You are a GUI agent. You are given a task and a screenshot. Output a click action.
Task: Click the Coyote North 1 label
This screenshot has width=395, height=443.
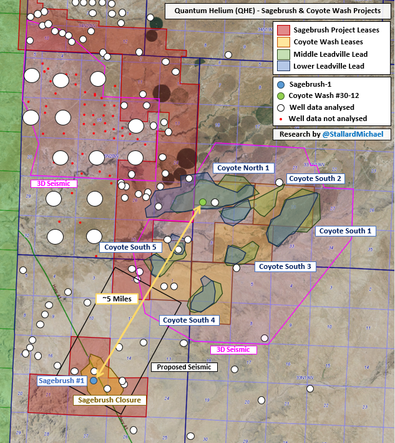coord(243,168)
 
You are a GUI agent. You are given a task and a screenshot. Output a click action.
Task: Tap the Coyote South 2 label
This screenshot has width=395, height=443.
coord(316,178)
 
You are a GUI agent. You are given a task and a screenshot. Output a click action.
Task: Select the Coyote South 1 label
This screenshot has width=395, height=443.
coord(345,231)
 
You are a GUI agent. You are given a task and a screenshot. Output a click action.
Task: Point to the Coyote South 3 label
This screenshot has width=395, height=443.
coord(285,266)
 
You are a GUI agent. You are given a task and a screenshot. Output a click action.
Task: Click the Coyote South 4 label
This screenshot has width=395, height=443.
coord(189,320)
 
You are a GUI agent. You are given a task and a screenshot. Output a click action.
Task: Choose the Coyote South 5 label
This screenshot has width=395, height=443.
coord(130,247)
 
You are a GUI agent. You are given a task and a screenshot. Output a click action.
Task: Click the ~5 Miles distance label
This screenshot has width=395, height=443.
coord(116,299)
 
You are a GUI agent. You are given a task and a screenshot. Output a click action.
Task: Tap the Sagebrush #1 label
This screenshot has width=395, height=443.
coord(61,381)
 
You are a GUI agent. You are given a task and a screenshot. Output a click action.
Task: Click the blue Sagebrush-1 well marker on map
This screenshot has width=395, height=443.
coord(94,380)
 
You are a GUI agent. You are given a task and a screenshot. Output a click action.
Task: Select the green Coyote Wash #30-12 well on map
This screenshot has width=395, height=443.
coord(203,202)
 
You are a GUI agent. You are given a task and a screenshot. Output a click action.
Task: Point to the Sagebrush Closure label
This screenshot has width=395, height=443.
coord(109,400)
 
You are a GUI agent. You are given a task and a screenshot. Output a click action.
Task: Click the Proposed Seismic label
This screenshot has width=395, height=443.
coord(185,367)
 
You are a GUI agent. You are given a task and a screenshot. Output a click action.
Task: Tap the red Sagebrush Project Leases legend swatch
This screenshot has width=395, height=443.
coord(283,30)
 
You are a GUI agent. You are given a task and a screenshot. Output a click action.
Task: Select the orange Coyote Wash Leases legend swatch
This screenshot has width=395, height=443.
coord(283,42)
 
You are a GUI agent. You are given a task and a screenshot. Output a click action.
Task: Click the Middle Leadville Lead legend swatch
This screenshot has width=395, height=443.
coord(283,54)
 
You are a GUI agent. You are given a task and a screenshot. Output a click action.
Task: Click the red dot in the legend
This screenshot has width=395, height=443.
coord(281,119)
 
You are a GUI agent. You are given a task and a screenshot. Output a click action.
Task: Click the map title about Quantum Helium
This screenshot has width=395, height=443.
coord(278,11)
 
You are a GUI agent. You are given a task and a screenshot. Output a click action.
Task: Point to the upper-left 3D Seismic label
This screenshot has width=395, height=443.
coord(54,183)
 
